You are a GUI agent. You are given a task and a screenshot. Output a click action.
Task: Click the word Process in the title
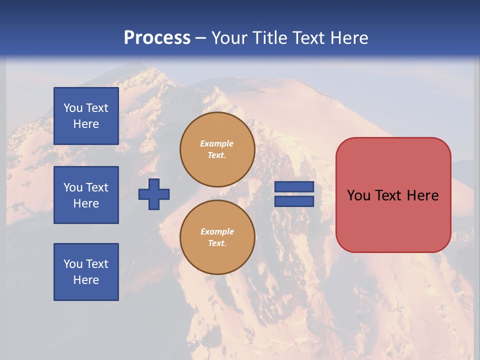pyautogui.click(x=157, y=38)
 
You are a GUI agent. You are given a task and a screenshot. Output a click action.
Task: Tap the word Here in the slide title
pyautogui.click(x=348, y=38)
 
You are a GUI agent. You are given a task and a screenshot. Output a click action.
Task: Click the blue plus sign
pyautogui.click(x=154, y=194)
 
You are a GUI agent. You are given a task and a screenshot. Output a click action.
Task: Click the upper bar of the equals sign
pyautogui.click(x=294, y=187)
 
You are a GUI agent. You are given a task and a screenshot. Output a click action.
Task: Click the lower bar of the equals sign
pyautogui.click(x=294, y=201)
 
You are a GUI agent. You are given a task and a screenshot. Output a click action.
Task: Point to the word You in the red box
pyautogui.click(x=358, y=195)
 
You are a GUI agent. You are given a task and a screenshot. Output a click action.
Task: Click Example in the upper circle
pyautogui.click(x=216, y=143)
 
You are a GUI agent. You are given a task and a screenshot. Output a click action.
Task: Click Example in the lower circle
pyautogui.click(x=217, y=231)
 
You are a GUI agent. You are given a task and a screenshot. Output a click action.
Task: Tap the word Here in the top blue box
pyautogui.click(x=86, y=124)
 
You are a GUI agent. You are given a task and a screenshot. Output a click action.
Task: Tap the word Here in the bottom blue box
pyautogui.click(x=86, y=280)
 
